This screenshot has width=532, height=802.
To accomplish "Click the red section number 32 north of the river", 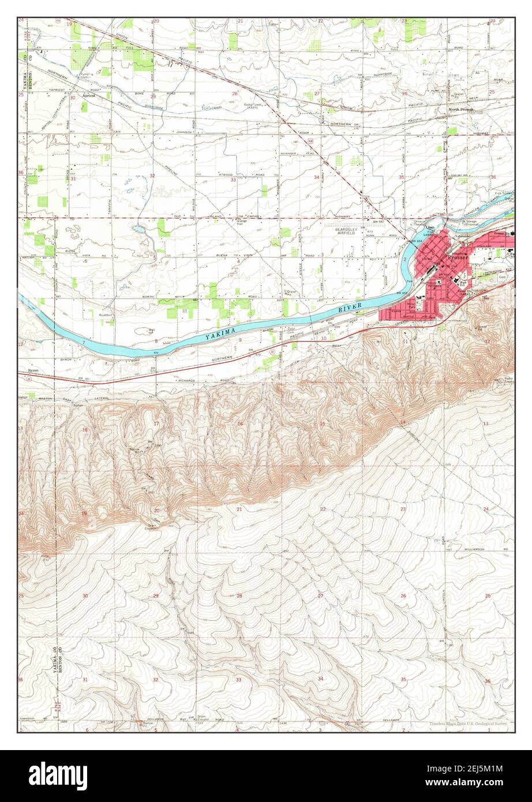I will (152, 175).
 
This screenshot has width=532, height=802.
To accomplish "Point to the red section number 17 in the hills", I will (156, 424).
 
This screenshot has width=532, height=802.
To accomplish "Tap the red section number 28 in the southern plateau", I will (239, 595).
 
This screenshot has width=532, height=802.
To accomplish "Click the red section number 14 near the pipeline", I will (403, 423).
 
